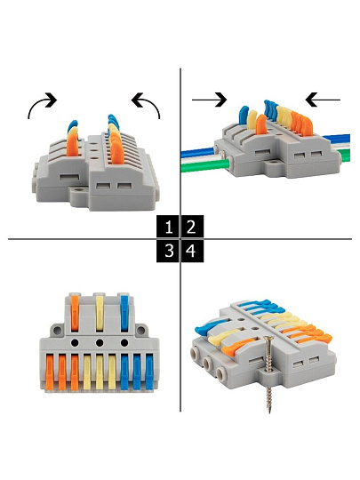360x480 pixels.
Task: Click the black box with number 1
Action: click(167, 227)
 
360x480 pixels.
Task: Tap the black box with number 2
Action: click(192, 227)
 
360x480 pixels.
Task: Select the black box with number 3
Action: click(167, 251)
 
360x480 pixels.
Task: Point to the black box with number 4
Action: click(192, 251)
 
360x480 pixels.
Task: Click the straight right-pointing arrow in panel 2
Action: click(210, 100)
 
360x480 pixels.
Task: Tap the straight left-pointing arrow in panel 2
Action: click(323, 100)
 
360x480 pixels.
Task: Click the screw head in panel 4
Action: click(268, 339)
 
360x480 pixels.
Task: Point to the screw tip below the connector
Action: click(269, 412)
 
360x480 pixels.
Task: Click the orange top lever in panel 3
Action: click(75, 313)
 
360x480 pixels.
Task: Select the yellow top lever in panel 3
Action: click(100, 313)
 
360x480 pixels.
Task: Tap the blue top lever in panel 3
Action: click(124, 313)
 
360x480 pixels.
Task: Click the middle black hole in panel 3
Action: click(100, 342)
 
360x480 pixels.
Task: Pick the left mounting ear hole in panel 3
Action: click(57, 331)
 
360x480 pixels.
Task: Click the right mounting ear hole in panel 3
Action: click(140, 331)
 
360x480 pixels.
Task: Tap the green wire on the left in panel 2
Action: click(204, 166)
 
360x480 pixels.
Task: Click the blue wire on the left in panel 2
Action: click(199, 152)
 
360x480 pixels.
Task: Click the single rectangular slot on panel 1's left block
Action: click(69, 177)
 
